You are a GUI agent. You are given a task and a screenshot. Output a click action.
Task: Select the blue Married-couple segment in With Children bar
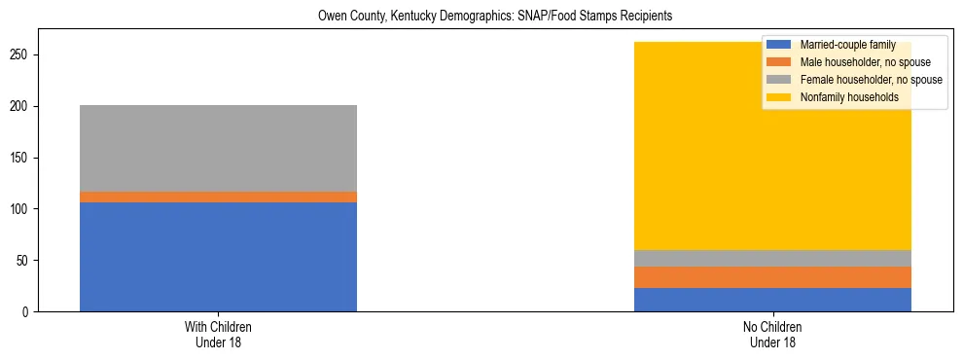pos(218,257)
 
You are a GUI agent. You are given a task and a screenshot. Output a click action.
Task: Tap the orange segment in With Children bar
pos(218,197)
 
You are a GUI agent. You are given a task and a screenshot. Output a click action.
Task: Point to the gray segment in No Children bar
pos(772,258)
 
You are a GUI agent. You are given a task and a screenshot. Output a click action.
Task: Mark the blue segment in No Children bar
pos(772,300)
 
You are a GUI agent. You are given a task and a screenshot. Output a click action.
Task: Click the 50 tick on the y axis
pos(30,261)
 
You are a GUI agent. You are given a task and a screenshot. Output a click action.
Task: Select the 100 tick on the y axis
pos(27,209)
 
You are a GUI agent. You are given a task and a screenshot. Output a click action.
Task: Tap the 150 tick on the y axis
pos(27,158)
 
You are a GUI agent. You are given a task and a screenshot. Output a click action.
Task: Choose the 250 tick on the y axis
pos(27,55)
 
